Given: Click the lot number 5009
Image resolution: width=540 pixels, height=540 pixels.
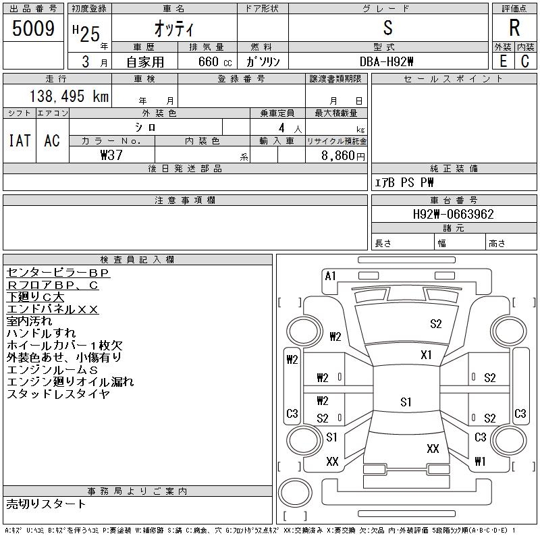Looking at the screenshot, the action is (x=33, y=28).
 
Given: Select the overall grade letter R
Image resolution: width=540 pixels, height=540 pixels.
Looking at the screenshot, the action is (x=514, y=28).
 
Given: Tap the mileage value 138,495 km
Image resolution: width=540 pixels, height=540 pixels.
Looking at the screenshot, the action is (x=69, y=96).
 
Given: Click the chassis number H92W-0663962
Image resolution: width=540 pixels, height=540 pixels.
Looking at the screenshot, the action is (x=453, y=214).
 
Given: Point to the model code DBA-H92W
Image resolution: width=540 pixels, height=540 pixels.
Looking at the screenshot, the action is (x=386, y=61).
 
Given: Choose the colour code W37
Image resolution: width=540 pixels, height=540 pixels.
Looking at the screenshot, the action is (x=111, y=155).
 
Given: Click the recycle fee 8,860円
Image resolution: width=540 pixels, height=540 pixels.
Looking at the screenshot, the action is (x=343, y=156).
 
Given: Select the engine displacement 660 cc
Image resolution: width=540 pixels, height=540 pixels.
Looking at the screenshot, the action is (x=215, y=61).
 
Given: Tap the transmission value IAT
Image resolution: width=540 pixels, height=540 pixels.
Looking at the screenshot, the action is (x=20, y=140).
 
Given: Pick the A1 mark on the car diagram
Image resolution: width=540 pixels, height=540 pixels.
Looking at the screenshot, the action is (x=330, y=276).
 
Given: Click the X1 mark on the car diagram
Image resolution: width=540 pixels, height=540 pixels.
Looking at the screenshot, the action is (x=426, y=355).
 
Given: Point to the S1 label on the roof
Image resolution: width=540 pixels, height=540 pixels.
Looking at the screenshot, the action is (x=406, y=402).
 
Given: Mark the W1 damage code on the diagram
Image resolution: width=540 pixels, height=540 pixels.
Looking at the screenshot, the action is (x=480, y=461).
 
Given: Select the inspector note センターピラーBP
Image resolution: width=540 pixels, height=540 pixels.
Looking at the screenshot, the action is (x=58, y=273).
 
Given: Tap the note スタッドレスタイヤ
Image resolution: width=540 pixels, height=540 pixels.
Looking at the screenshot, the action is (x=58, y=394).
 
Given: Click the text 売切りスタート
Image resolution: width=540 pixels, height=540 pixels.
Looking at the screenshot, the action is (x=46, y=504).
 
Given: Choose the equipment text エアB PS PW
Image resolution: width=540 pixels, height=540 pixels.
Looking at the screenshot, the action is (x=404, y=182).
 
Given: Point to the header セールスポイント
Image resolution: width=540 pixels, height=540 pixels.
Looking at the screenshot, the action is (x=453, y=79).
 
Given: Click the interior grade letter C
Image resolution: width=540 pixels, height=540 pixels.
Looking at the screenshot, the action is (x=525, y=61).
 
